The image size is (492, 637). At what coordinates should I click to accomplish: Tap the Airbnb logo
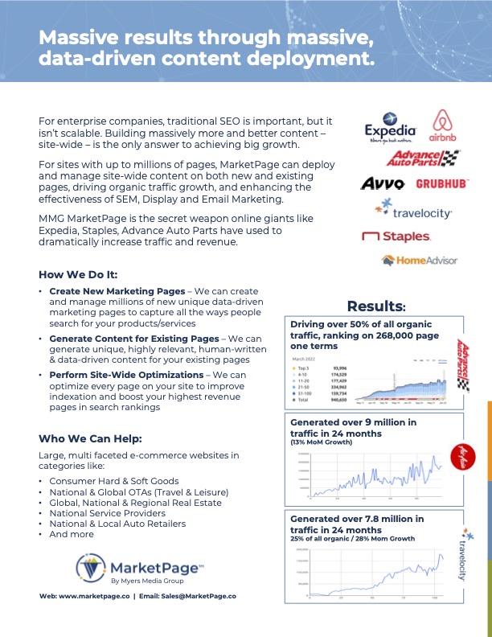coord(445,127)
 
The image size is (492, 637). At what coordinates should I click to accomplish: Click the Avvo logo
coord(382,184)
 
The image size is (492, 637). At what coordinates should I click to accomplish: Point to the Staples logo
coord(396,236)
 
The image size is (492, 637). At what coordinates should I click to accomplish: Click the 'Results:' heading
coord(375,306)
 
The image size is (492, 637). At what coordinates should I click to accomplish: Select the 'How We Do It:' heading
coord(78,273)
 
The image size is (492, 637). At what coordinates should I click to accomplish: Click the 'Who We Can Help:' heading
coord(90,438)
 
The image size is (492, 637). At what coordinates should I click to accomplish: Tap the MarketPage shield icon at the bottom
coord(91,568)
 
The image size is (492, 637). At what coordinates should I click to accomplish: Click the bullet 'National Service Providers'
coord(107,513)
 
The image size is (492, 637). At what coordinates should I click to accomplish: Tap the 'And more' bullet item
coord(70,534)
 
